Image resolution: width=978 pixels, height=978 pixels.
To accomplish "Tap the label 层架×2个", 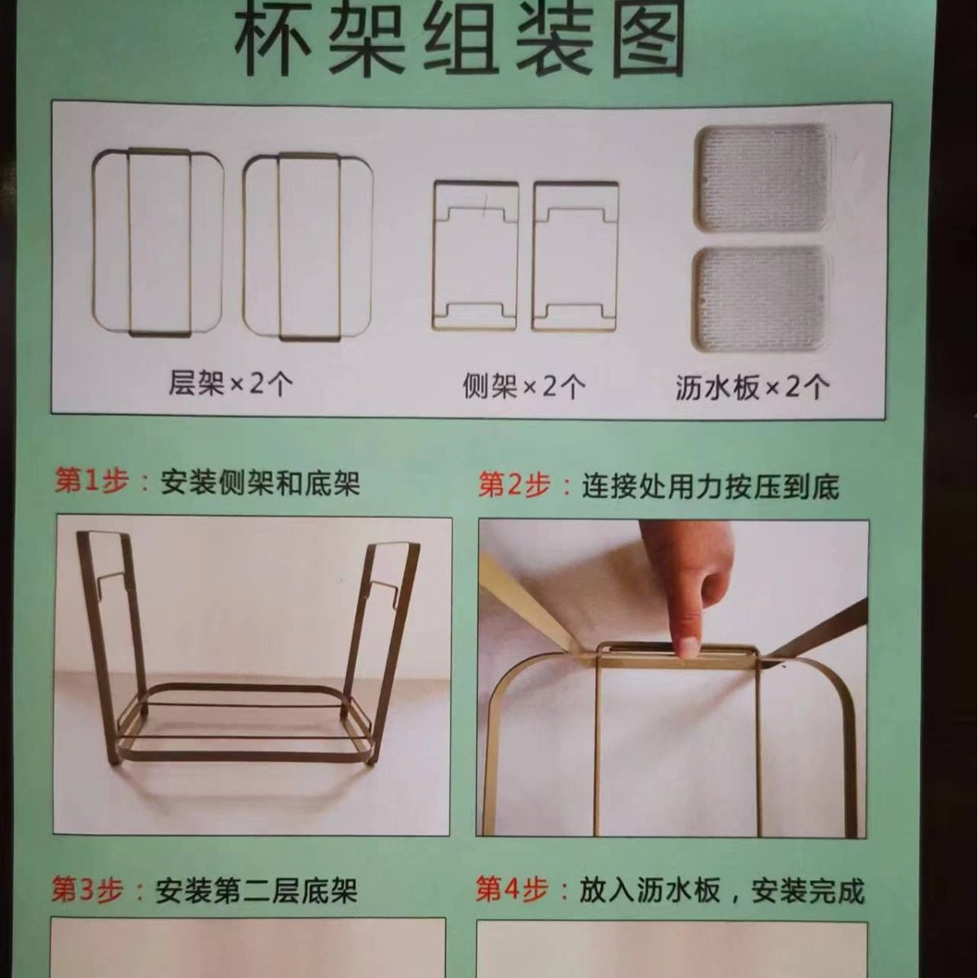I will [x=231, y=383].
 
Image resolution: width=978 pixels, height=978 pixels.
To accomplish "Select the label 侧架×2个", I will [x=523, y=385].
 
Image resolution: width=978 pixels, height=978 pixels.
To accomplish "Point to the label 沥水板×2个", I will [x=752, y=386].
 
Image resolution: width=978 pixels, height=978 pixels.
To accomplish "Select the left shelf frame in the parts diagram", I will [x=158, y=242].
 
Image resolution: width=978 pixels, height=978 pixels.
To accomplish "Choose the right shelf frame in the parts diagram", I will [x=308, y=246].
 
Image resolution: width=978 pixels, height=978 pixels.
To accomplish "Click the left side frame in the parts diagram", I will [x=476, y=255].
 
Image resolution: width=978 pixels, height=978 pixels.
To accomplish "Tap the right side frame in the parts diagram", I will [x=575, y=256].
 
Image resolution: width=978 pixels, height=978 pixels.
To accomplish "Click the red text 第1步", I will [x=91, y=482].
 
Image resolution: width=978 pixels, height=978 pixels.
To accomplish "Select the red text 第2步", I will [x=513, y=486].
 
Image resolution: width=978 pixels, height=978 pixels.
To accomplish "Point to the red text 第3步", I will [x=87, y=889].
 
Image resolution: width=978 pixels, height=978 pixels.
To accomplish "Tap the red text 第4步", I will [x=511, y=889].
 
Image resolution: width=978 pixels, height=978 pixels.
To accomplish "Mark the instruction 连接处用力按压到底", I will [x=710, y=487].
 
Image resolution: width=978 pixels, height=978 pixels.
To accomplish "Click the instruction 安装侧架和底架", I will [x=260, y=483].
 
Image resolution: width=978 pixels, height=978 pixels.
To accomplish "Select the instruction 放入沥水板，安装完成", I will [x=721, y=891].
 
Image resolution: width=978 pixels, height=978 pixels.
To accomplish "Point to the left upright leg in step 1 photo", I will [x=110, y=644].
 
